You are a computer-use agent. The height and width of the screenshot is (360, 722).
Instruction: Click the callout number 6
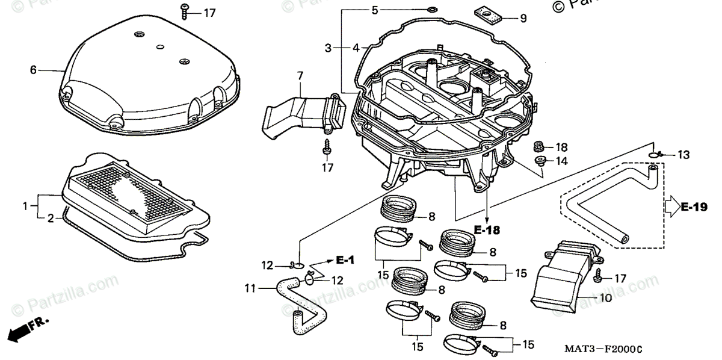(33, 70)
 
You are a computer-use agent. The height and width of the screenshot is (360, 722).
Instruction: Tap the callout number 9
(523, 19)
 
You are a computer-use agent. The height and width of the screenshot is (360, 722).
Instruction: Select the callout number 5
(374, 10)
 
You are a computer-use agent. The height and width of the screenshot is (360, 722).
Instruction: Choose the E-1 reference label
(344, 260)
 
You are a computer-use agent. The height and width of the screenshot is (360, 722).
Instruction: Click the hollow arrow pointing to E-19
(671, 208)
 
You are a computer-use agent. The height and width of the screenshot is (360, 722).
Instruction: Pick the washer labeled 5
(431, 10)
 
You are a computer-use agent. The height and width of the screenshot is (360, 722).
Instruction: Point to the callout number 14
(561, 161)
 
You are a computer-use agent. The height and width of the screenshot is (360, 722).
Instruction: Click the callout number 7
(299, 76)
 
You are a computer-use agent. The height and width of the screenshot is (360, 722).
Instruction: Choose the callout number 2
(51, 217)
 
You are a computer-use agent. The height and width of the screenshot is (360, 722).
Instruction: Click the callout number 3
(328, 48)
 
